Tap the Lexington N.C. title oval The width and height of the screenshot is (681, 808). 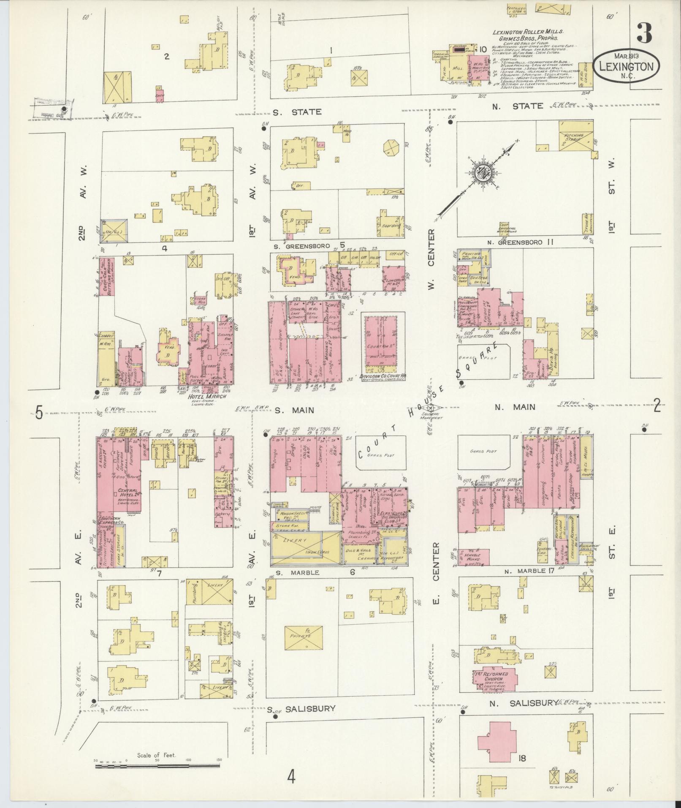626,66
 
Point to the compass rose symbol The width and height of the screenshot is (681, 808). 482,173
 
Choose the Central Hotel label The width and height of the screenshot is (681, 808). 127,492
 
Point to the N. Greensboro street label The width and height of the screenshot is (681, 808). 525,242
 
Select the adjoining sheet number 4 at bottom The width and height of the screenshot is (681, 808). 291,776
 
